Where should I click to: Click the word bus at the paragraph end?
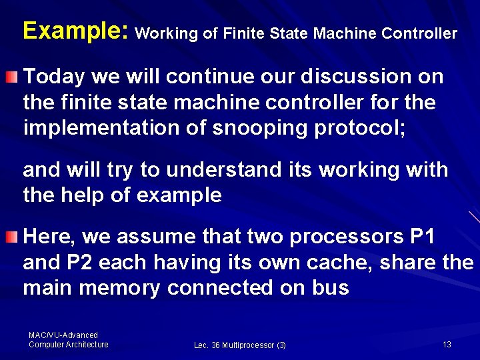coord(331,288)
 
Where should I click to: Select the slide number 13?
coord(447,344)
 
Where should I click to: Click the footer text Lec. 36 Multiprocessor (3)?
coord(240,345)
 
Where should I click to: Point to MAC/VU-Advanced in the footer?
coord(63,335)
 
